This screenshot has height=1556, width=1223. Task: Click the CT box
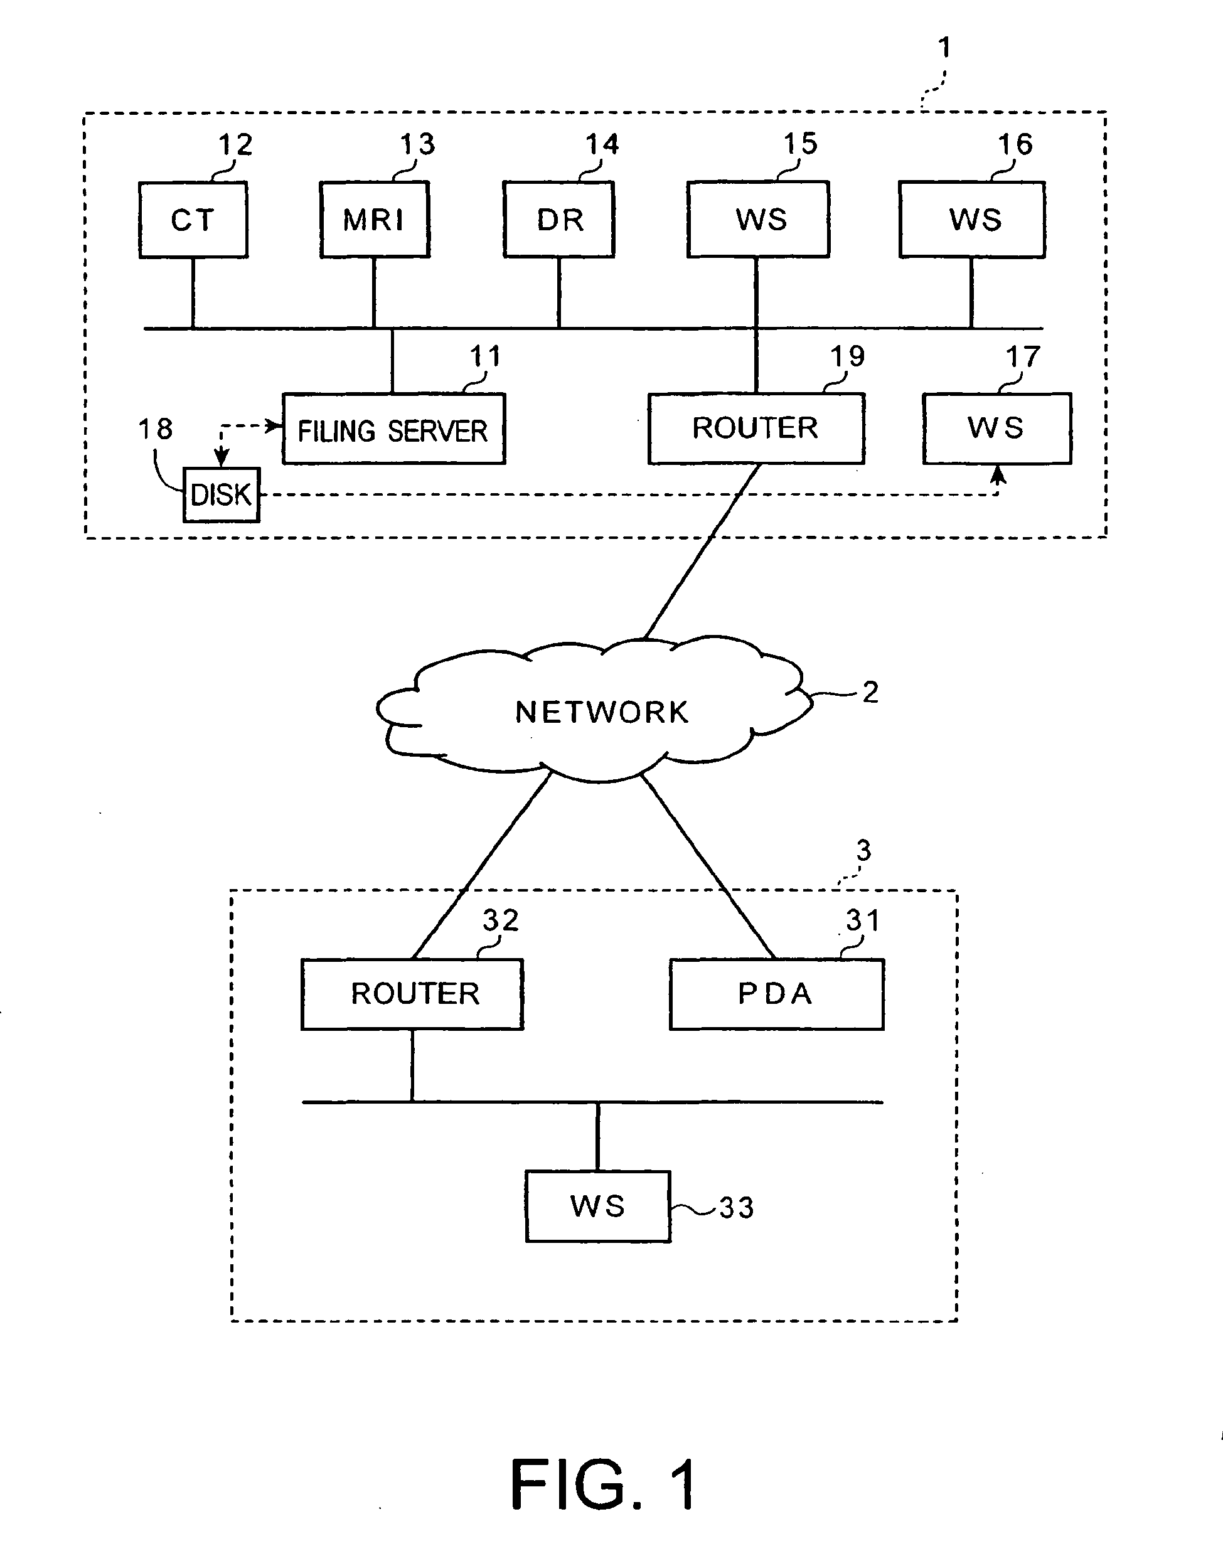pyautogui.click(x=193, y=220)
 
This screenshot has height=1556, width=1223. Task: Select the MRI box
pyautogui.click(x=375, y=219)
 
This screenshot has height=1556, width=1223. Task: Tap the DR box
pyautogui.click(x=559, y=219)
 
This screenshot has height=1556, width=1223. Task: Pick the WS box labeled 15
pyautogui.click(x=758, y=219)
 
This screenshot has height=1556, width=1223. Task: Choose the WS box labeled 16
pyautogui.click(x=973, y=219)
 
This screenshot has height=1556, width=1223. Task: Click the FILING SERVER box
pyautogui.click(x=394, y=429)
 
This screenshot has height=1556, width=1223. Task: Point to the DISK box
pyautogui.click(x=222, y=495)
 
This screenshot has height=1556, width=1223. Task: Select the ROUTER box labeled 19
pyautogui.click(x=756, y=428)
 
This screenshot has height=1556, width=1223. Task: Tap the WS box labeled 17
pyautogui.click(x=996, y=428)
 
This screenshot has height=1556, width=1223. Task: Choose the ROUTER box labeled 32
pyautogui.click(x=412, y=994)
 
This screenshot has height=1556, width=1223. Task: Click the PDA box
pyautogui.click(x=776, y=994)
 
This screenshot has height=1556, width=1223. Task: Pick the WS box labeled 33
pyautogui.click(x=598, y=1207)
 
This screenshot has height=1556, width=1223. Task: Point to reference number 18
pyautogui.click(x=154, y=430)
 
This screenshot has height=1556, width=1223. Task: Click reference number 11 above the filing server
pyautogui.click(x=485, y=356)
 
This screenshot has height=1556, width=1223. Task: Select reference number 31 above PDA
pyautogui.click(x=862, y=920)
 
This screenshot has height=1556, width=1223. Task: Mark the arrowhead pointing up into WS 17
pyautogui.click(x=998, y=474)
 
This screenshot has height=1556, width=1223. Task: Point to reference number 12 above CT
pyautogui.click(x=235, y=146)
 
